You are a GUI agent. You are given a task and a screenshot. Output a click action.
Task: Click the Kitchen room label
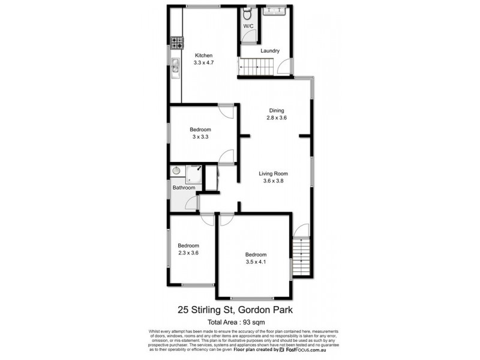click(x=203, y=56)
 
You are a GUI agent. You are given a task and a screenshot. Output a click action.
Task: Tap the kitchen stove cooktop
click(x=176, y=42)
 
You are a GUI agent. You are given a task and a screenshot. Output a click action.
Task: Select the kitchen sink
click(x=175, y=65)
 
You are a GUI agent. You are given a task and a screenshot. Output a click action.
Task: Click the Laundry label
click(x=270, y=51)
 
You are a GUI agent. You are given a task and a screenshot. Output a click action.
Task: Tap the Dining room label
click(x=277, y=110)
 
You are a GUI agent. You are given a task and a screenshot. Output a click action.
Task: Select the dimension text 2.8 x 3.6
click(x=277, y=118)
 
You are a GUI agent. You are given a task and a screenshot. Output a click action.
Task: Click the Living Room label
click(x=274, y=174)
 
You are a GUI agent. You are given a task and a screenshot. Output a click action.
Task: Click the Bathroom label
click(x=184, y=188)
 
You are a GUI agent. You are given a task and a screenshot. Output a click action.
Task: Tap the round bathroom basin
click(x=176, y=171)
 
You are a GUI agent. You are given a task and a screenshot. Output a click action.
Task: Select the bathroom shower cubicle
click(x=194, y=173)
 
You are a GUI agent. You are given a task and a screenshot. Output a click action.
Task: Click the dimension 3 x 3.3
click(x=200, y=137)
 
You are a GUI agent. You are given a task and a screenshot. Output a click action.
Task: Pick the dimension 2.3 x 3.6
click(x=188, y=253)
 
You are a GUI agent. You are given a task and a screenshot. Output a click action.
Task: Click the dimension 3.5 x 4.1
click(x=256, y=262)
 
